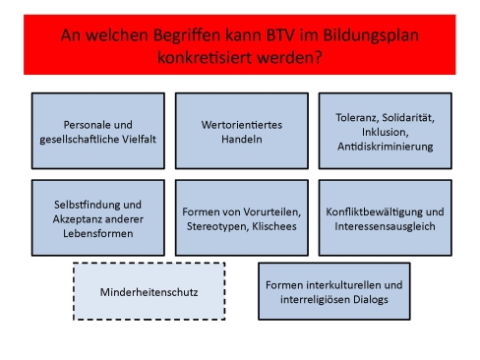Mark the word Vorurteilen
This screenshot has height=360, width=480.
click(269, 210)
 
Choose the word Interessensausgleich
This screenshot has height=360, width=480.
click(384, 226)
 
